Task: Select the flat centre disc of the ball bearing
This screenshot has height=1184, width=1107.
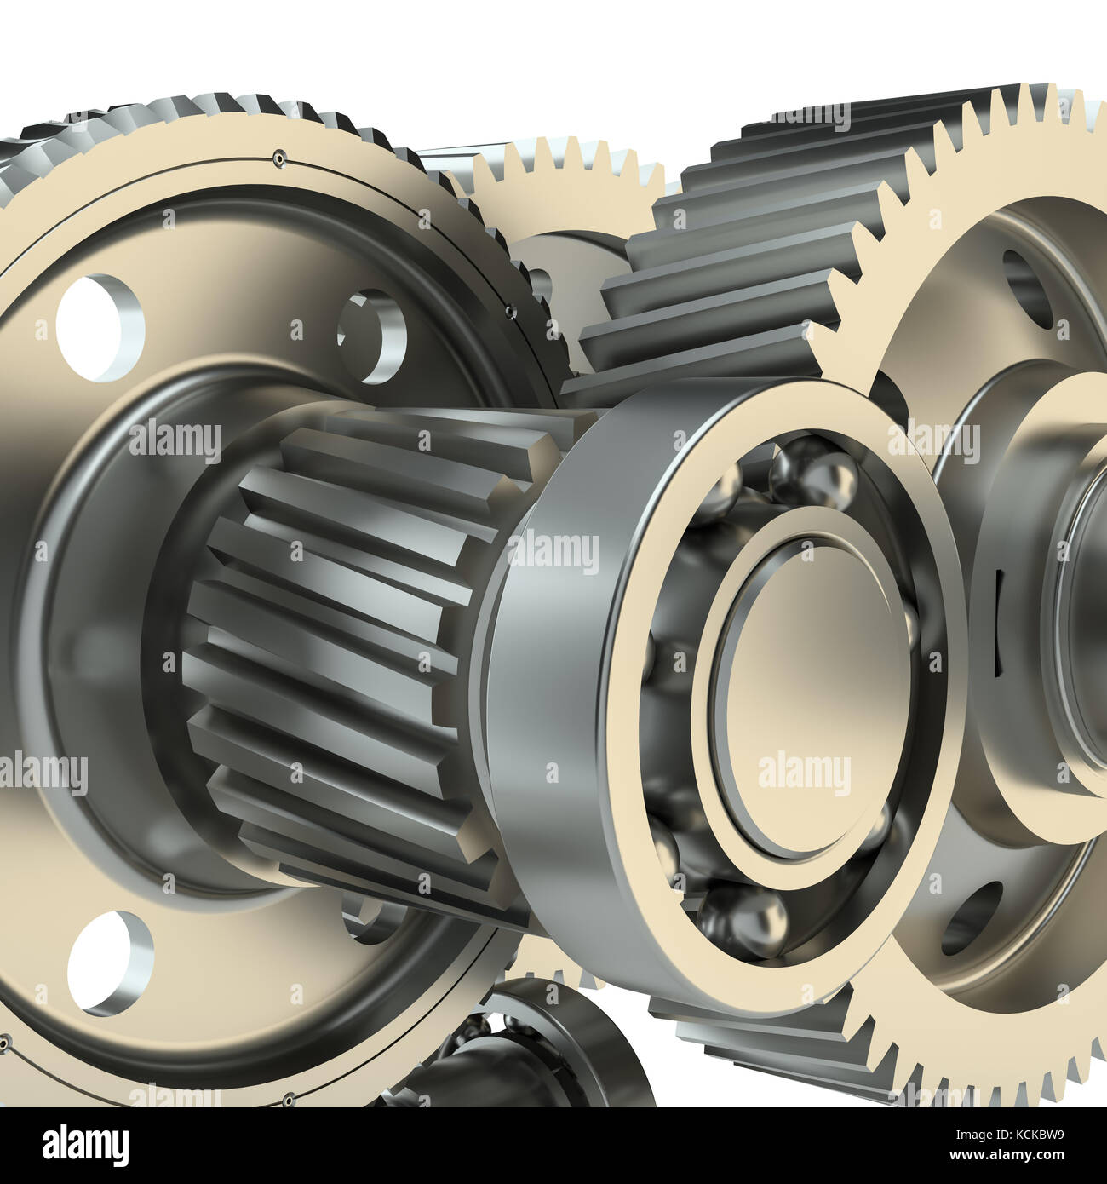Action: [809, 698]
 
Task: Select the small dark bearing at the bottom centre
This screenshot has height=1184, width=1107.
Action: [545, 1056]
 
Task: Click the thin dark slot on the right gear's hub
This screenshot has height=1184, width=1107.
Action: [998, 596]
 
